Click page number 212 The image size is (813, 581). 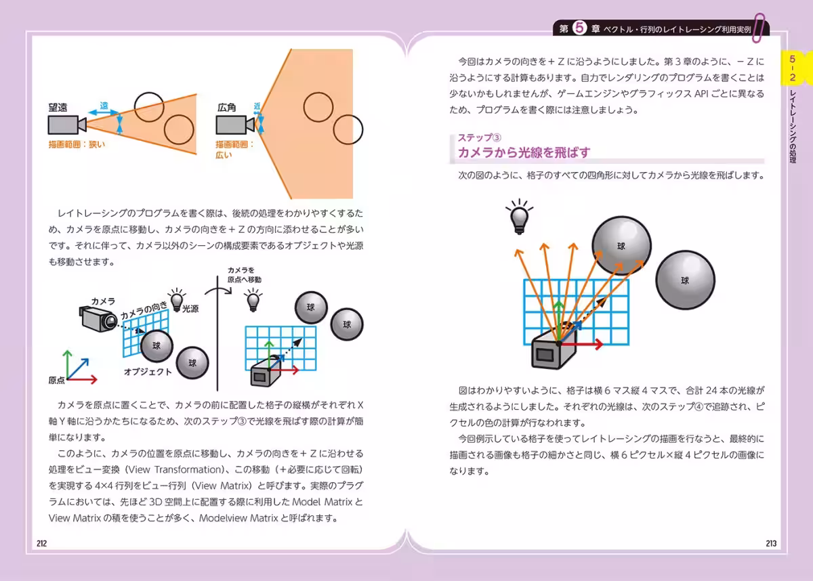41,543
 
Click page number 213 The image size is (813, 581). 771,543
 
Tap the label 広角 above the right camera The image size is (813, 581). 226,108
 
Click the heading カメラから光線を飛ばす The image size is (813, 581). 524,152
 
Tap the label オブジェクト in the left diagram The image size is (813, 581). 148,372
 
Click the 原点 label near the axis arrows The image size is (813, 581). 57,381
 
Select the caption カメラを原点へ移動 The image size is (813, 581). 244,274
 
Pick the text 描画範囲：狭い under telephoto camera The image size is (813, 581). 77,144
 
